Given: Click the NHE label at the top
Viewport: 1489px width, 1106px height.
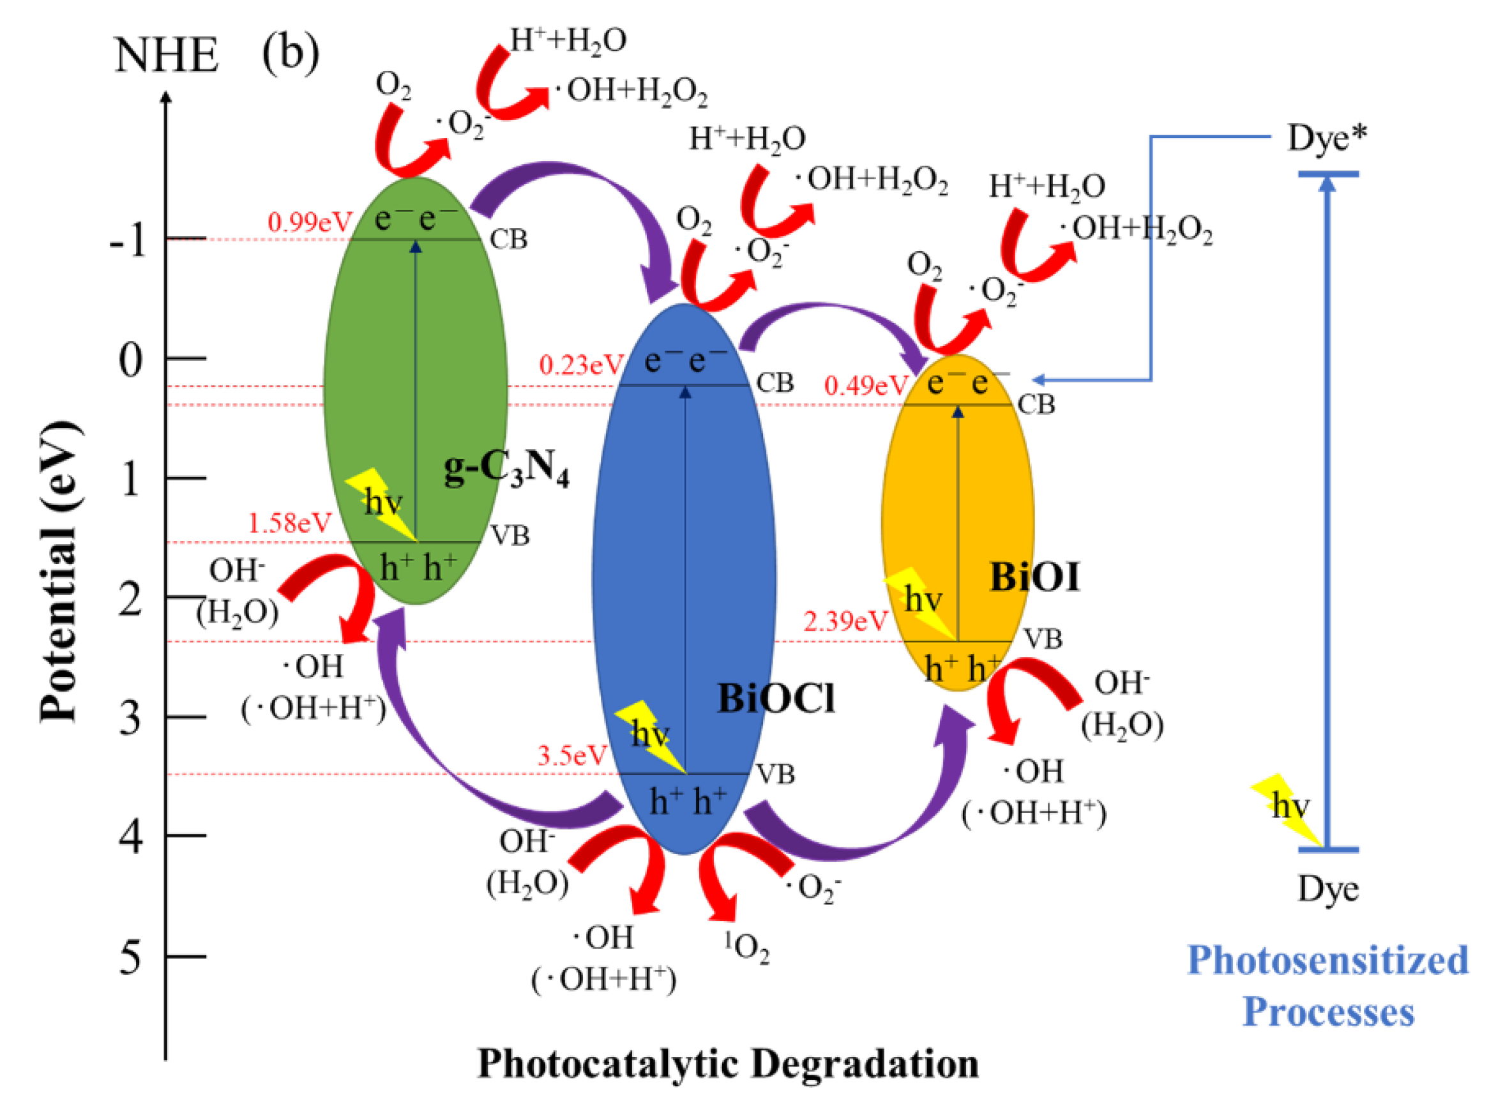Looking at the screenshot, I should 166,55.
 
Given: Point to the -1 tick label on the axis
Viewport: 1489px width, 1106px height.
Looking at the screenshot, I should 127,239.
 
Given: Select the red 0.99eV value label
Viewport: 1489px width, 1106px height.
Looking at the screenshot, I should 309,222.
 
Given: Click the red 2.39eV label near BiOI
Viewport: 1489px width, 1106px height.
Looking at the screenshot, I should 845,621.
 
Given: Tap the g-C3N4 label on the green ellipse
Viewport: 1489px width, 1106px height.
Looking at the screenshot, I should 506,469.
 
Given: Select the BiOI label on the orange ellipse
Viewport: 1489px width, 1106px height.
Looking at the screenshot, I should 1034,577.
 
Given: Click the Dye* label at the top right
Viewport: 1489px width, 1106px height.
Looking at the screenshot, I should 1326,139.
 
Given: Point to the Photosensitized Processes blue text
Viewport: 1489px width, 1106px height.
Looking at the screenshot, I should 1327,985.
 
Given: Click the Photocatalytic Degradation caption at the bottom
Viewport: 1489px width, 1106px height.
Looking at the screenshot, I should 728,1063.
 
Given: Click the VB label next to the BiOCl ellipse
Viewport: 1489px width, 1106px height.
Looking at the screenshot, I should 775,775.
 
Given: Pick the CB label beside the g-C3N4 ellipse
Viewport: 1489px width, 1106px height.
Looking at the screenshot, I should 508,239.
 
